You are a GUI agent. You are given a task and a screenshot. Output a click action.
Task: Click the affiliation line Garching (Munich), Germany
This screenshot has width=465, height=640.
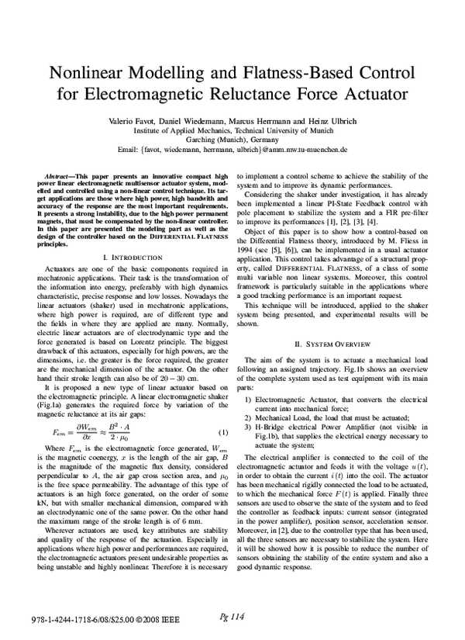tap(232, 140)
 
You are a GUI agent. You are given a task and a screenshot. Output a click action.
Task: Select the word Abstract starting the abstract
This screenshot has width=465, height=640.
tap(60, 178)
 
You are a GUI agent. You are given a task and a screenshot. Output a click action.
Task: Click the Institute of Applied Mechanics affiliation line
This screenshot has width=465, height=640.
tap(232, 132)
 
